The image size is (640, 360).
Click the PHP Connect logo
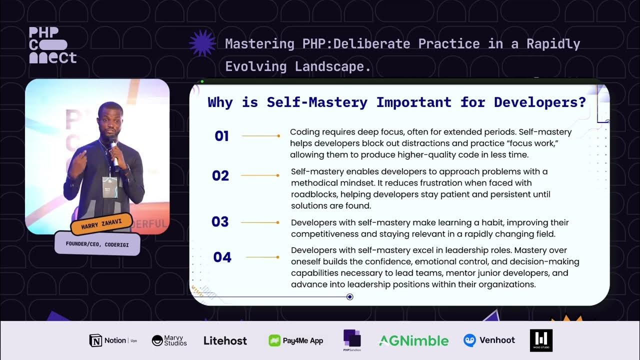(x=52, y=45)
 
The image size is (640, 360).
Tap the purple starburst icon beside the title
(x=202, y=44)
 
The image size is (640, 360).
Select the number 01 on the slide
(x=221, y=136)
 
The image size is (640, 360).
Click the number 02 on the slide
(x=220, y=175)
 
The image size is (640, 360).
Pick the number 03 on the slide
(x=220, y=222)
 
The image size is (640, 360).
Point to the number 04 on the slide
(x=222, y=257)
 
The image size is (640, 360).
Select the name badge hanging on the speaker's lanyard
(x=109, y=186)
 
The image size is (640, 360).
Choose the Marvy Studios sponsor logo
(x=169, y=340)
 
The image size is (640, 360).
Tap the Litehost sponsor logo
(x=225, y=340)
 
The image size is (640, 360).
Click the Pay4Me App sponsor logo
(x=296, y=340)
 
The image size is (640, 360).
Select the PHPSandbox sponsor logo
(x=352, y=339)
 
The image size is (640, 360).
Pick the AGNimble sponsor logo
(x=413, y=340)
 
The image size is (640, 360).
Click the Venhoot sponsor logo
(x=489, y=340)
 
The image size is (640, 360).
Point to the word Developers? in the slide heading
(x=539, y=102)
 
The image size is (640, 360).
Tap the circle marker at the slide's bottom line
(x=350, y=297)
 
